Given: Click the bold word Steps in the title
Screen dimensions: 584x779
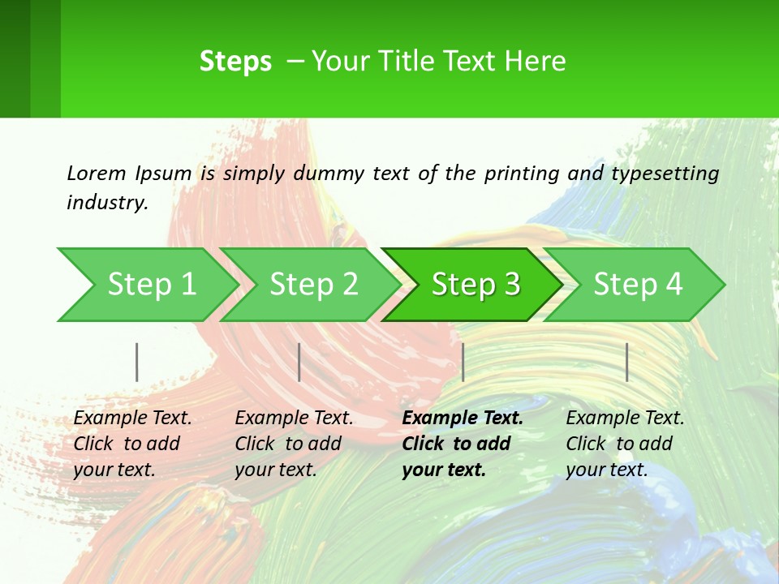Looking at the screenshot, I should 235,62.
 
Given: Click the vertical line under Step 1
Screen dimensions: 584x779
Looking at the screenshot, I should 137,362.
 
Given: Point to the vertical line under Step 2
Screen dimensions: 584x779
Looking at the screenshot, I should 299,362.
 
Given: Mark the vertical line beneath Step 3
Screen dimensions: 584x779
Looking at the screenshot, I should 463,362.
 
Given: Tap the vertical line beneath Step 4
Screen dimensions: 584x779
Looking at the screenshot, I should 627,362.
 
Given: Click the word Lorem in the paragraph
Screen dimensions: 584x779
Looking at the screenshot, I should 97,173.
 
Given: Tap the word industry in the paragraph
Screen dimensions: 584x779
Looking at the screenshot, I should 106,202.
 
